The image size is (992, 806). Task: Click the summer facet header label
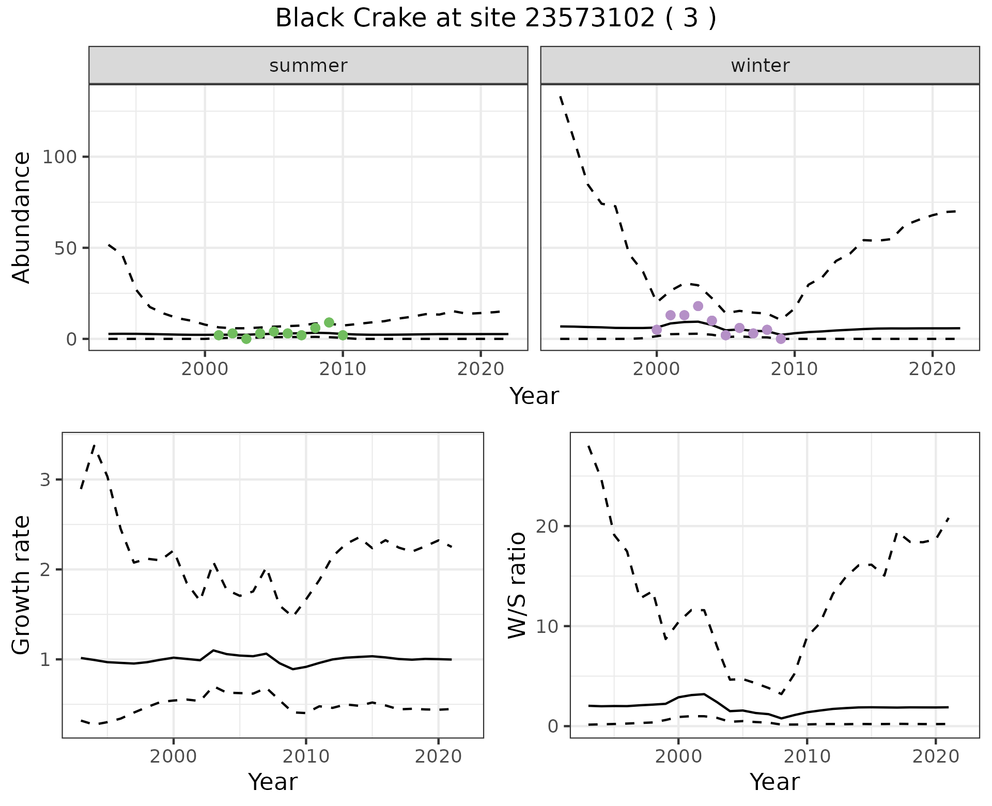pos(308,66)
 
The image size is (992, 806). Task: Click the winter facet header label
pos(760,66)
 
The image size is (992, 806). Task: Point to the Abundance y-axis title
pos(22,217)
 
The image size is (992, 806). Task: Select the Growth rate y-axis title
pos(22,585)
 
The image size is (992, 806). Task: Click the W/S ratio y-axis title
pos(517,585)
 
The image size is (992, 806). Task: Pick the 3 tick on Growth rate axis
pos(45,479)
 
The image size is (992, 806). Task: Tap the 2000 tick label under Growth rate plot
pos(174,757)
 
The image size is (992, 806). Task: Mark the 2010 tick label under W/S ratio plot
pos(807,757)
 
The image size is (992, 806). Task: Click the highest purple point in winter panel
pos(698,306)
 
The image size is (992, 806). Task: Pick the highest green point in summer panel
pos(329,322)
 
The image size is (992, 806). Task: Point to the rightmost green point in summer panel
pos(343,335)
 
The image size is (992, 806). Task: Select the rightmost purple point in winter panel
pos(781,339)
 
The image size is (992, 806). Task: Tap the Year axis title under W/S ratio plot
pos(774,782)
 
